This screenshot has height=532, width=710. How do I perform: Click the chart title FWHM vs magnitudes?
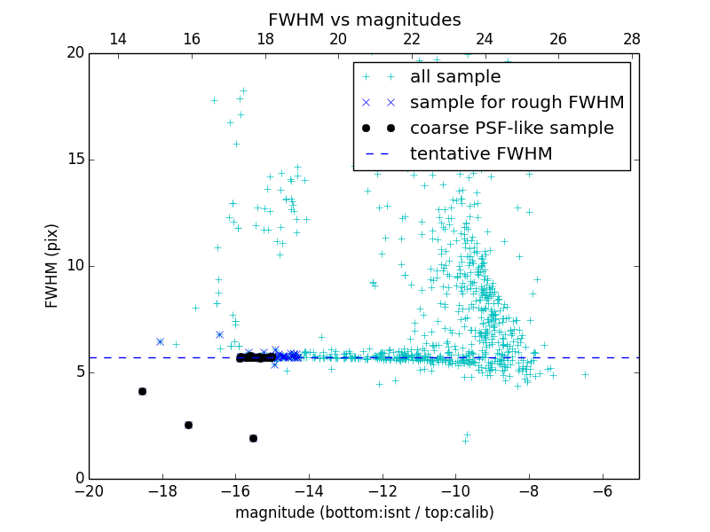364,20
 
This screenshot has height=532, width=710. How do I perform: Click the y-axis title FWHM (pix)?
52,265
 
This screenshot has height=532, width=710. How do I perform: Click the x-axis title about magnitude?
364,512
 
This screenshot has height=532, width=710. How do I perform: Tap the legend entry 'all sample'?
455,77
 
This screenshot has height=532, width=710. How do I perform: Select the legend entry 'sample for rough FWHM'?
517,102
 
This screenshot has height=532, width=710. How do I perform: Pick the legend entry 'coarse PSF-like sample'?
511,128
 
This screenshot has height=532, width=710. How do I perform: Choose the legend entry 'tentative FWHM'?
481,153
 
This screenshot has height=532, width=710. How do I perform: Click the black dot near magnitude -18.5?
142,391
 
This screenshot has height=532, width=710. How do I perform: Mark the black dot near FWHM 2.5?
188,425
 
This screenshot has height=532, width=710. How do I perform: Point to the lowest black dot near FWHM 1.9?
253,438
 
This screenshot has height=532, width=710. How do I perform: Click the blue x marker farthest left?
160,341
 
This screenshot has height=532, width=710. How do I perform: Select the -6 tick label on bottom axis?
602,491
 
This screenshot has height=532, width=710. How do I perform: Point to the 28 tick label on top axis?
632,39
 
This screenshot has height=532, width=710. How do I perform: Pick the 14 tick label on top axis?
118,39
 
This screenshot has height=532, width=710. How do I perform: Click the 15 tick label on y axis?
74,160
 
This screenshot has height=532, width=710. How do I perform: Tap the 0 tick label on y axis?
78,479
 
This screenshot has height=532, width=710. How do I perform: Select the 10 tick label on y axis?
74,266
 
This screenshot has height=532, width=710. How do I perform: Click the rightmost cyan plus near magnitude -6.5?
585,374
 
